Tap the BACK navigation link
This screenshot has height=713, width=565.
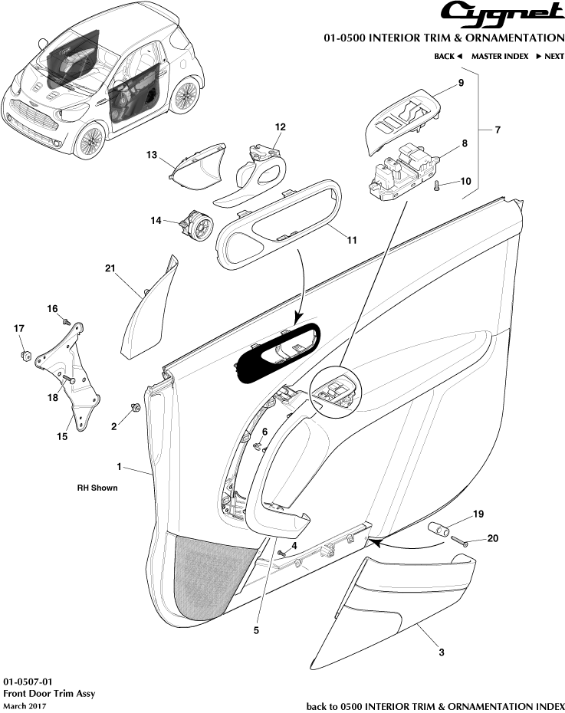point(448,56)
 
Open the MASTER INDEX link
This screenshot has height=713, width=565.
point(499,56)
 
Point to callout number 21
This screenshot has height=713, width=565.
point(110,268)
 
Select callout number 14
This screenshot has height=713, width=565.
point(156,221)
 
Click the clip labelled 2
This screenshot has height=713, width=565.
point(135,407)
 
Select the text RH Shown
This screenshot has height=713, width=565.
point(97,488)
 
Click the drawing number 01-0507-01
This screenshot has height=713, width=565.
point(29,680)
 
